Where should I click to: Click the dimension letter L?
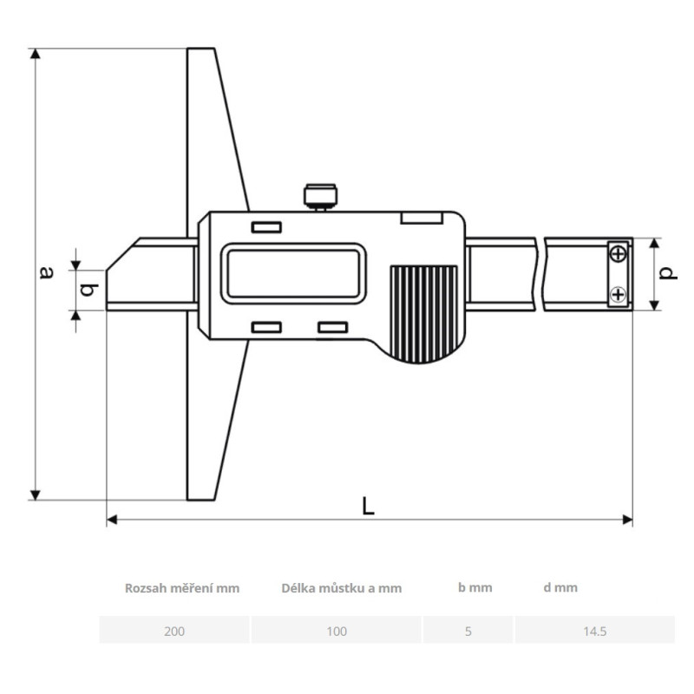(368, 506)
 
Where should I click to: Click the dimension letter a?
(47, 272)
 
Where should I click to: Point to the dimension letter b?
(88, 290)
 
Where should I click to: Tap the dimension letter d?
(667, 273)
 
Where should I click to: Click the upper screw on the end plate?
(618, 254)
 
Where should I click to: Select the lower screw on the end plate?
(618, 294)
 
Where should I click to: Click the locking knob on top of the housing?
(320, 197)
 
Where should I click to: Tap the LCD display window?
(293, 273)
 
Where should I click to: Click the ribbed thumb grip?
(423, 314)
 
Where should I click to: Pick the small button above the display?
(266, 227)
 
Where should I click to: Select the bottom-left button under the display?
(266, 327)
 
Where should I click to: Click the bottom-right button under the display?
(333, 327)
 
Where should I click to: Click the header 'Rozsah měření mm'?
(182, 588)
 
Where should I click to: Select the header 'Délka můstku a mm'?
(341, 588)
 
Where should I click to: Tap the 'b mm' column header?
(475, 588)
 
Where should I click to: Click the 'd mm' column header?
(560, 588)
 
